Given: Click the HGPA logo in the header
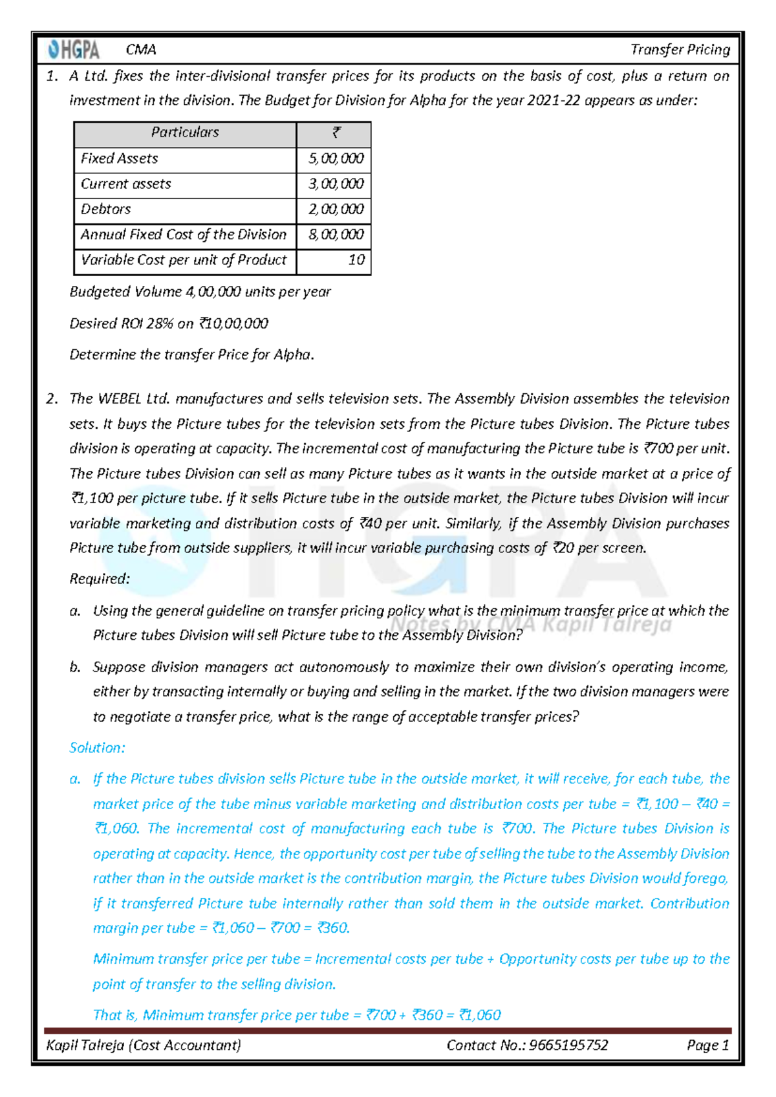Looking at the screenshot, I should pyautogui.click(x=74, y=50).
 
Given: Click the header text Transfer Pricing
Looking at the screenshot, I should pyautogui.click(x=680, y=50).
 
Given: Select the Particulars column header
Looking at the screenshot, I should pyautogui.click(x=185, y=133).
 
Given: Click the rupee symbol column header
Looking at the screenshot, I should pyautogui.click(x=336, y=133).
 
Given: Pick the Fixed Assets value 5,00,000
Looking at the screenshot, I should pyautogui.click(x=336, y=158).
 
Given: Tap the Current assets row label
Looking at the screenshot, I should pyautogui.click(x=126, y=184).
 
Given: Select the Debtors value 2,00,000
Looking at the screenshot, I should pyautogui.click(x=336, y=210).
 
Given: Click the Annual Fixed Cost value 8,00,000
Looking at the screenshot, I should pyautogui.click(x=336, y=235).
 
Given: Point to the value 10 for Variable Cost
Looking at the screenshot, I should pyautogui.click(x=356, y=260).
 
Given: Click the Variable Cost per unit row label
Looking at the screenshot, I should pyautogui.click(x=184, y=260).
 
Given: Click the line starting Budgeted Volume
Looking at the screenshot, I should pyautogui.click(x=200, y=292).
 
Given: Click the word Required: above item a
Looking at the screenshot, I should pyautogui.click(x=100, y=579).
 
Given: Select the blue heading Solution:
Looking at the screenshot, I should pyautogui.click(x=97, y=748).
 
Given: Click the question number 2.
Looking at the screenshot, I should pyautogui.click(x=51, y=399).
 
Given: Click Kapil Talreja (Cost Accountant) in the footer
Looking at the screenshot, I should pyautogui.click(x=144, y=1045).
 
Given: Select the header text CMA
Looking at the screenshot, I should pyautogui.click(x=141, y=50).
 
